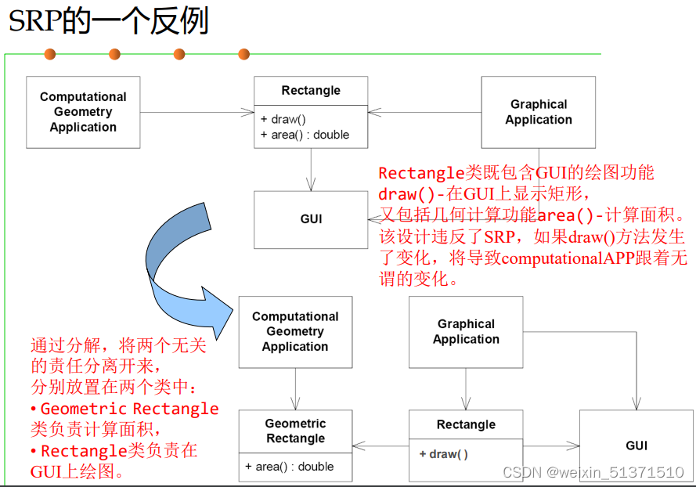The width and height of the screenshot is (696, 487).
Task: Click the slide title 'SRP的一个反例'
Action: (x=108, y=21)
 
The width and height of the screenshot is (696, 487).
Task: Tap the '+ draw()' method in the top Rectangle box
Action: (x=283, y=120)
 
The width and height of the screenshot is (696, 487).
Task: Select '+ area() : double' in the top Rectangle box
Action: (x=305, y=135)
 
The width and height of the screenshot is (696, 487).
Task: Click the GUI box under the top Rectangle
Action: (x=311, y=219)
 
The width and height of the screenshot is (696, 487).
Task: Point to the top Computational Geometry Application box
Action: (x=83, y=112)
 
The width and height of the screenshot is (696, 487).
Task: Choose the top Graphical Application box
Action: (x=538, y=112)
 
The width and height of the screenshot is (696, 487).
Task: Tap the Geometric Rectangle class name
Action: (x=295, y=431)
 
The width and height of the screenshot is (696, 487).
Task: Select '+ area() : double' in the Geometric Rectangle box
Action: (x=289, y=467)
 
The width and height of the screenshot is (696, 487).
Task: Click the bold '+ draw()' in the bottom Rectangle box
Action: (x=443, y=454)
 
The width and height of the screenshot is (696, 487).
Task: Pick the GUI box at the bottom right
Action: (x=636, y=446)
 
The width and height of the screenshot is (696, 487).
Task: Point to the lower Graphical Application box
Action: (x=466, y=331)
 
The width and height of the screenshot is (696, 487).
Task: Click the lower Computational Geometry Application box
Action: (x=295, y=331)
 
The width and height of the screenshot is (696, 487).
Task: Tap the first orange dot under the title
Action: (x=50, y=54)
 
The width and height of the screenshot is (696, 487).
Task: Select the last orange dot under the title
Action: (x=243, y=54)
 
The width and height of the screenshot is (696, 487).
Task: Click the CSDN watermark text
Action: (x=593, y=472)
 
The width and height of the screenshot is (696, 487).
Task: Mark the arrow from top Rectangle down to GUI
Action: (x=311, y=169)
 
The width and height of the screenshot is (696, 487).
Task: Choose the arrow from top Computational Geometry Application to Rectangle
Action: (x=197, y=112)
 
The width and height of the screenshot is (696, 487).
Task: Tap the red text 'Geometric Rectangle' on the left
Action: (x=129, y=409)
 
